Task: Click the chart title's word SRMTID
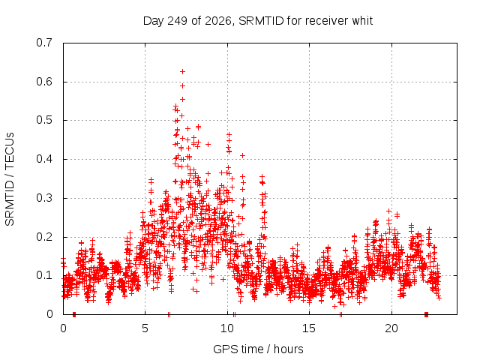pos(261,21)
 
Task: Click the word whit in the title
pos(362,21)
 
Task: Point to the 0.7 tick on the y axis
pos(44,43)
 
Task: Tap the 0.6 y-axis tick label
pos(44,82)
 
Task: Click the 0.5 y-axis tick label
pos(44,120)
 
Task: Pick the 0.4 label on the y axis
pos(44,159)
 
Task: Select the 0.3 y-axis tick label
pos(44,198)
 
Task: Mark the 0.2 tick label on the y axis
pos(44,237)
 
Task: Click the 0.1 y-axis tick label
pos(44,275)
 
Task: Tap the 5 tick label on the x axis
pos(145,328)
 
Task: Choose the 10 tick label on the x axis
pos(227,328)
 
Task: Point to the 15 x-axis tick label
pos(309,328)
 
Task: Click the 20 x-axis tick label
pos(391,328)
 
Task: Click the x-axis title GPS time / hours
pos(258,349)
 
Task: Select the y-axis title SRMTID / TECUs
pos(10,179)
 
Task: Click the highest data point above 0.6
pos(182,72)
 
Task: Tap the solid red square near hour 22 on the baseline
pos(426,314)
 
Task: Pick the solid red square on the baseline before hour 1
pos(74,314)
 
